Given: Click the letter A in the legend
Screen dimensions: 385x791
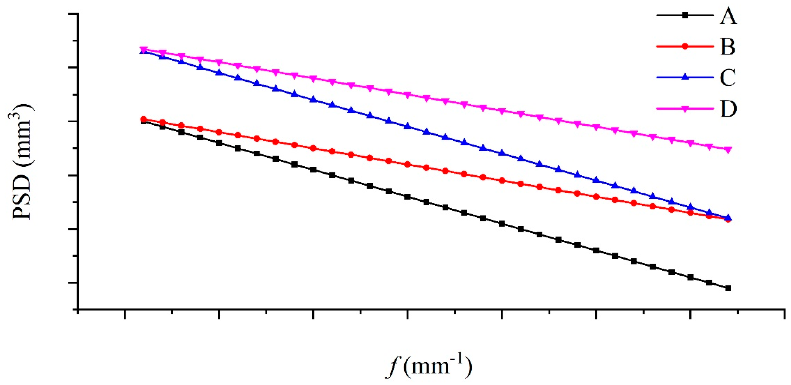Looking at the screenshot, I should (728, 17).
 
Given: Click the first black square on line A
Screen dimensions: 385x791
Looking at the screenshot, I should (143, 122).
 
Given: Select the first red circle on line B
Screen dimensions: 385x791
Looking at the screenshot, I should (143, 119).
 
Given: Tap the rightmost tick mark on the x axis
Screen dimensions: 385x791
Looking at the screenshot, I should (785, 313).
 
